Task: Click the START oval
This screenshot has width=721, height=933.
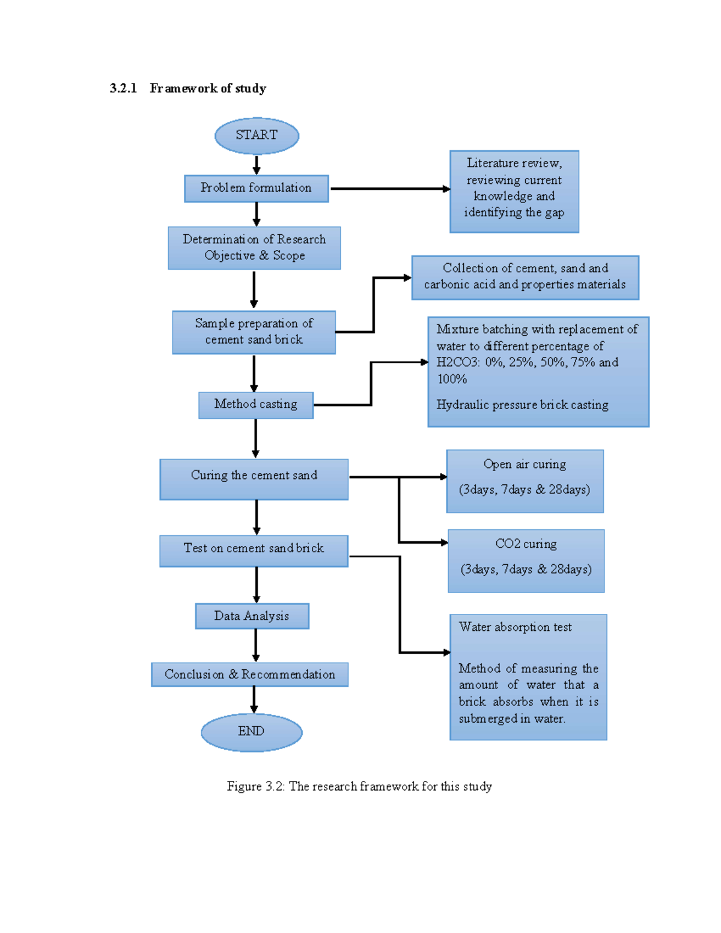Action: click(257, 135)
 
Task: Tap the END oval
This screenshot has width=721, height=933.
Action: click(251, 732)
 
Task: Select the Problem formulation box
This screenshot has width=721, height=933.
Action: click(256, 188)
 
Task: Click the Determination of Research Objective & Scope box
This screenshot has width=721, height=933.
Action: click(254, 248)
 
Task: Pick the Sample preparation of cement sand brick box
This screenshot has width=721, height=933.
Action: click(254, 332)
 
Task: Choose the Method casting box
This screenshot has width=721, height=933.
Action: click(256, 404)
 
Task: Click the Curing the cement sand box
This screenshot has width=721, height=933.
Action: click(254, 479)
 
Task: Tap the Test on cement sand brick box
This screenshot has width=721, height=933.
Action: click(254, 550)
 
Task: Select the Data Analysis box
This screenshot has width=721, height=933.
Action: click(252, 616)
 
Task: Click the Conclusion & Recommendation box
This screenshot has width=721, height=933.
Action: click(249, 674)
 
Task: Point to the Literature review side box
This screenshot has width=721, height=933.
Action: click(514, 191)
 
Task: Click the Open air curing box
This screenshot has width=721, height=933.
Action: click(525, 481)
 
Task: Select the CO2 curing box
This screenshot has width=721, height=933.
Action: click(526, 561)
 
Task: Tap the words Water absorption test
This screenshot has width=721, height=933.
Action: click(515, 627)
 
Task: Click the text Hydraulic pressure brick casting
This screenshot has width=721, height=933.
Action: click(522, 405)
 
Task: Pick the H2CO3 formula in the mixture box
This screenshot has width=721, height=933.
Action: click(457, 362)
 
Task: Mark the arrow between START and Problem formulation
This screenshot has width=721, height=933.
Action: click(257, 165)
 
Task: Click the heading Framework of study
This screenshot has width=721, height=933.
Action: click(208, 88)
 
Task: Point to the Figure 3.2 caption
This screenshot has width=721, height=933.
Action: click(359, 786)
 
